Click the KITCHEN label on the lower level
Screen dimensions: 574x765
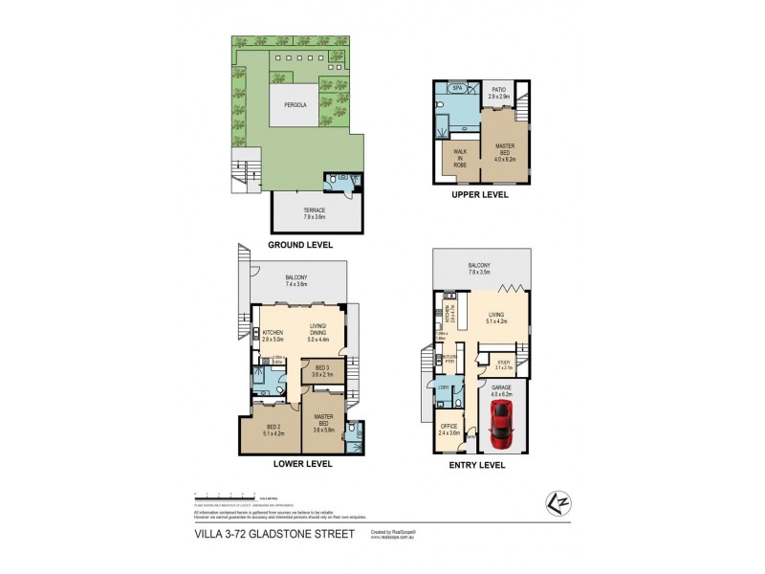[274, 335]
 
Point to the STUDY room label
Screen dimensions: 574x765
[505, 363]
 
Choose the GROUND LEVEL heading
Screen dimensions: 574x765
[299, 245]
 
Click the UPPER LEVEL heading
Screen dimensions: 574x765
[479, 194]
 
